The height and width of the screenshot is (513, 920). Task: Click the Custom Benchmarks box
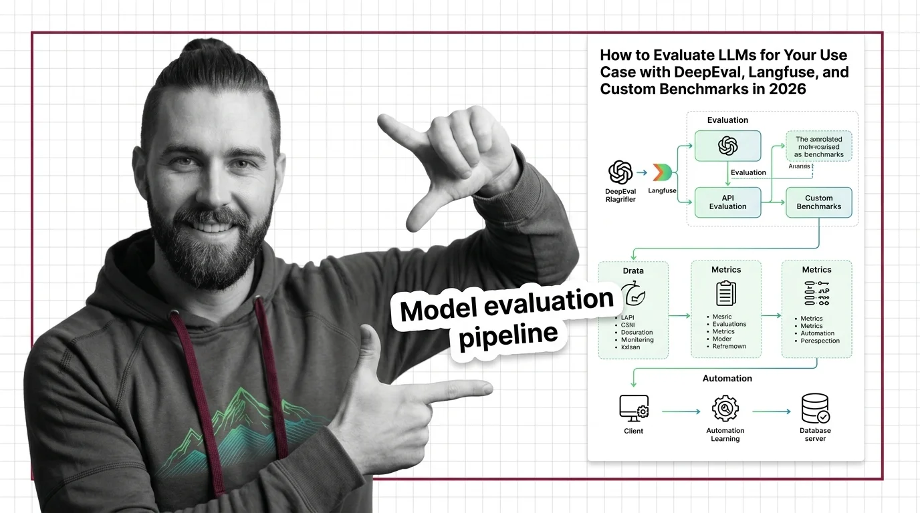point(818,202)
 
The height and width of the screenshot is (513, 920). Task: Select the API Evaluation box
point(727,202)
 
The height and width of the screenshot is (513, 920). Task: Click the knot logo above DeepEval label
point(620,172)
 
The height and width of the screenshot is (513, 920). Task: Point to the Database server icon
point(815,408)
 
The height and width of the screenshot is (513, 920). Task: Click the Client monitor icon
point(633,407)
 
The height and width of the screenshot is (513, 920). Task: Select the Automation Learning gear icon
point(725,408)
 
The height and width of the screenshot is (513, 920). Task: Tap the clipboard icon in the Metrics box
point(725,293)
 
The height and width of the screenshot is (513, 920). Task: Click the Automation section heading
point(727,378)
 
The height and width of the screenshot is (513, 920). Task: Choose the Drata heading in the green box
point(632,271)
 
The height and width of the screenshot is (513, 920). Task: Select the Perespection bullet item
point(820,341)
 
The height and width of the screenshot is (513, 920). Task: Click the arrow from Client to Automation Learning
point(680,412)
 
